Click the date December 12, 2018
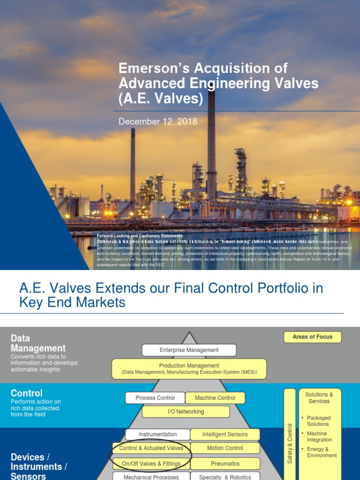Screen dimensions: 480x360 coord(157,122)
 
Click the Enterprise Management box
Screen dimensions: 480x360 coord(189,350)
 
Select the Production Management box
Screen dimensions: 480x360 coord(189,369)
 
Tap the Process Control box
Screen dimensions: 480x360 coord(155,398)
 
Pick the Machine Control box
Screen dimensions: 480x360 coord(215,398)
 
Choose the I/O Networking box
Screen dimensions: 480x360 coord(186,412)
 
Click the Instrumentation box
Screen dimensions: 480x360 coord(157,435)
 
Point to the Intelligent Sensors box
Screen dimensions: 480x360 coord(225,435)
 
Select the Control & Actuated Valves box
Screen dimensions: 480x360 coord(151,448)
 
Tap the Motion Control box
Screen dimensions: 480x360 coord(225,448)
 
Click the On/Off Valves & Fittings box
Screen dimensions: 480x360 coord(151,464)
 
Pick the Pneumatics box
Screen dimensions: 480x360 coord(225,464)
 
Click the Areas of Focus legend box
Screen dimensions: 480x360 coord(312,337)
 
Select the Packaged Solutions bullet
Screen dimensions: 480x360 coord(318,421)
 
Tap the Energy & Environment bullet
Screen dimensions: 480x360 coord(321,452)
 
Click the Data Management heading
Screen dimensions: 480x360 coord(38,343)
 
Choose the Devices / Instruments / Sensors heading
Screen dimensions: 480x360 coord(36,466)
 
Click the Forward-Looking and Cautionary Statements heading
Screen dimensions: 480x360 coord(140,236)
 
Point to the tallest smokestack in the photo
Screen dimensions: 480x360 coord(211,141)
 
